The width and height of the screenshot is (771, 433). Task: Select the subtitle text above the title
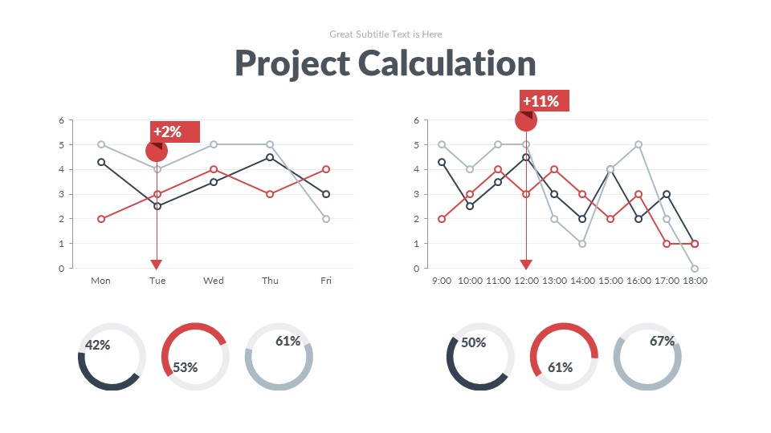click(385, 34)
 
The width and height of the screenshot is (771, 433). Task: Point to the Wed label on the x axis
click(214, 281)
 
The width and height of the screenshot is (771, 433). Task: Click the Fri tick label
click(326, 281)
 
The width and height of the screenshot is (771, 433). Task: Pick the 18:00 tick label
click(695, 281)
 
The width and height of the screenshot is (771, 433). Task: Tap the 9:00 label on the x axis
click(442, 281)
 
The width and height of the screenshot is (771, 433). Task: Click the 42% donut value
click(97, 345)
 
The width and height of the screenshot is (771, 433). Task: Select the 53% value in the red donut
click(185, 367)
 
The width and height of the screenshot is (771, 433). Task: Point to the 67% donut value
click(662, 341)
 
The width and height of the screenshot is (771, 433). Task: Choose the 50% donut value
click(473, 342)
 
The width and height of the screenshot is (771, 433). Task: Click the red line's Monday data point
click(101, 219)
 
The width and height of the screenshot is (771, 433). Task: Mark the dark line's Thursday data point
click(270, 157)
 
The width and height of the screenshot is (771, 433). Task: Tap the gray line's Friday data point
click(326, 219)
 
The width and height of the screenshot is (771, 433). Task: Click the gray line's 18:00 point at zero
click(695, 269)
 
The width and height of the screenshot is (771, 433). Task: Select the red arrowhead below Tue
click(157, 265)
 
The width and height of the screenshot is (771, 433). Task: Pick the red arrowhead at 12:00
click(526, 265)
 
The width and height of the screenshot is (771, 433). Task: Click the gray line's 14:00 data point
click(582, 244)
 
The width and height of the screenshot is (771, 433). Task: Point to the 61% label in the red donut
click(560, 367)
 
